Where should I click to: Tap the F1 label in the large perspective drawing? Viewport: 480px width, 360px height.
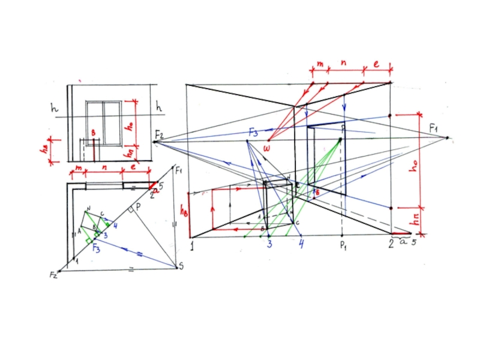pos(434,128)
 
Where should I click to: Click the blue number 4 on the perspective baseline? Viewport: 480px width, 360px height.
pos(302,244)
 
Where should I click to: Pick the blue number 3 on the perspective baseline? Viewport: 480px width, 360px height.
pos(270,244)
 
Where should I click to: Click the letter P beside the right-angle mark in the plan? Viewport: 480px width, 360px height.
pos(137,206)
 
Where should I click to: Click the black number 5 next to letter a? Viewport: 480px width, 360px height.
pos(414,243)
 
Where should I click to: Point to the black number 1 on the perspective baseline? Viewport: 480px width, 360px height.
pos(192,245)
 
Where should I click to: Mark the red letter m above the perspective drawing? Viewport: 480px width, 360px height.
pos(320,63)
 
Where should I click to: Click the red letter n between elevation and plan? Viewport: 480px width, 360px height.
pos(104,170)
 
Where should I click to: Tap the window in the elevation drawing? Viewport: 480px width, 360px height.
pos(104,122)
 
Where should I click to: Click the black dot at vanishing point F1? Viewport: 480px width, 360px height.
pos(447,138)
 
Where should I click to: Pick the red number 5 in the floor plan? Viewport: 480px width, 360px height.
pos(161,185)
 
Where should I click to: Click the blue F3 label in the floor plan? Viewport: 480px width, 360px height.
pos(95,245)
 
